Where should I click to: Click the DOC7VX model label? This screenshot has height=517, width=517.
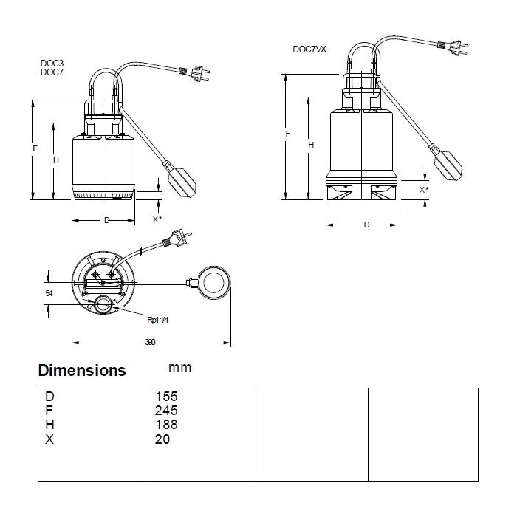[309, 49]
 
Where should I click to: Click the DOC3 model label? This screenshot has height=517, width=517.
[52, 63]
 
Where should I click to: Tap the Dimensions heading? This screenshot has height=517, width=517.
[82, 370]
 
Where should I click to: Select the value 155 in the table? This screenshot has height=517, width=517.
[166, 397]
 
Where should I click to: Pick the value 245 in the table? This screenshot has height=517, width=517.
[166, 411]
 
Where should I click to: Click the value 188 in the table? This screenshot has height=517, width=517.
[166, 425]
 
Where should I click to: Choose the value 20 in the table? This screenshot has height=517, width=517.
[162, 439]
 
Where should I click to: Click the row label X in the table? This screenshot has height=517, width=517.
[49, 439]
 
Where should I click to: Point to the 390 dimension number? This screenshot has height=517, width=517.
[150, 342]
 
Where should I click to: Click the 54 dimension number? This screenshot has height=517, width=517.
[49, 293]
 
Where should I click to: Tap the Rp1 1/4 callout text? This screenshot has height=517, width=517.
[157, 320]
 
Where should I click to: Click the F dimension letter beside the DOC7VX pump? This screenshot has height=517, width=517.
[288, 134]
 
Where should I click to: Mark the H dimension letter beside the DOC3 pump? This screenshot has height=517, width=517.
[56, 160]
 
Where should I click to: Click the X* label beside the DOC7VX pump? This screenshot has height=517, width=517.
[424, 190]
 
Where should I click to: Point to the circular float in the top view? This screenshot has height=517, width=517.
[213, 283]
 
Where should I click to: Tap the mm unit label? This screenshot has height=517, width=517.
[179, 368]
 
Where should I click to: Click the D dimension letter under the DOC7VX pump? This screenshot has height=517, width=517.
[366, 225]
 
